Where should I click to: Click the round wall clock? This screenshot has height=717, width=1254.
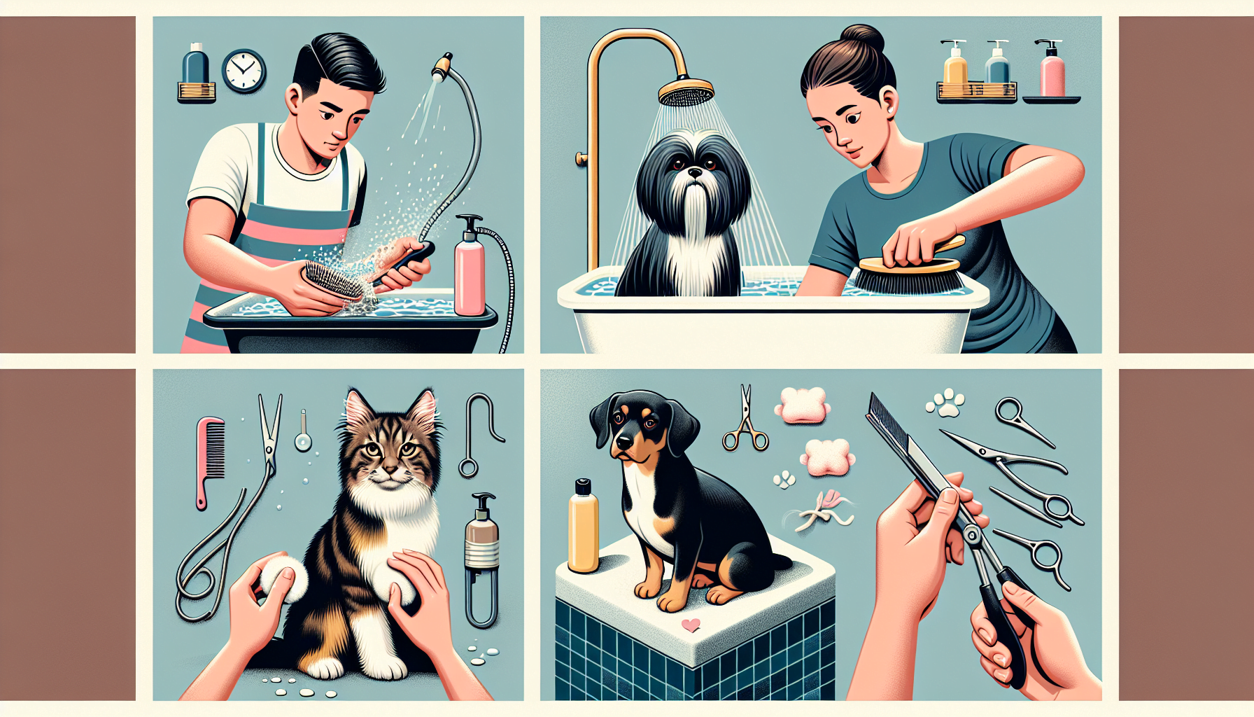(x=244, y=71)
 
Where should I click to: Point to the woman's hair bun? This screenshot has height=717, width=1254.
(x=862, y=39)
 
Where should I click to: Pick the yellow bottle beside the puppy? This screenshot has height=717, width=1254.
(x=583, y=527)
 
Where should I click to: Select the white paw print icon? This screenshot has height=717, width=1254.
(x=946, y=403)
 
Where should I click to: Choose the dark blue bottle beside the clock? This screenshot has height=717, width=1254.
(x=196, y=65)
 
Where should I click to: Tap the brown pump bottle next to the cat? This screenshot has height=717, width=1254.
(x=482, y=536)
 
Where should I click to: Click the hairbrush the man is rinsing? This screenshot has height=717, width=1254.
(x=332, y=280)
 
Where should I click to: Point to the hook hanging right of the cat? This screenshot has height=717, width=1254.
(x=479, y=434)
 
